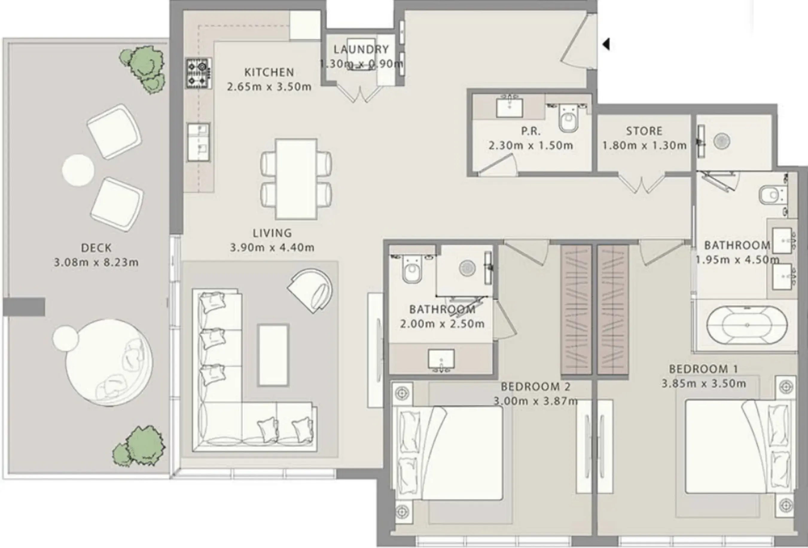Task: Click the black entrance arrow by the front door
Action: click(606, 45)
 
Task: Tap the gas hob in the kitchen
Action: click(198, 73)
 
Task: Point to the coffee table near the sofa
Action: click(273, 355)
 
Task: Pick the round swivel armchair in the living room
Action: click(310, 290)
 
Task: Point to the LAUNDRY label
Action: click(361, 49)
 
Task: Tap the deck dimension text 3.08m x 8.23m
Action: click(96, 262)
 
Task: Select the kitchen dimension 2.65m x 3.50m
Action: click(269, 87)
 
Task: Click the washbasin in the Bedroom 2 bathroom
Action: click(441, 360)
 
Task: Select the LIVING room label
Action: click(272, 233)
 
